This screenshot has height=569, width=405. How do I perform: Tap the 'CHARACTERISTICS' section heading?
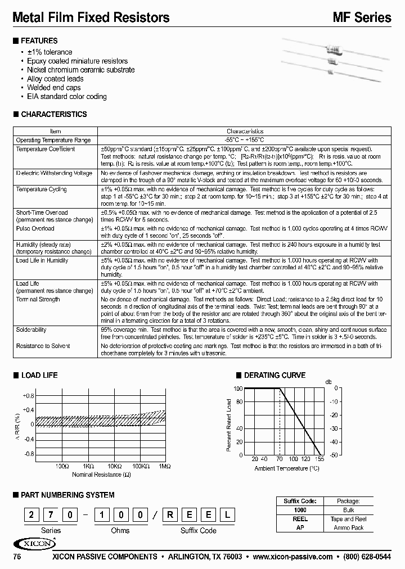[53, 114]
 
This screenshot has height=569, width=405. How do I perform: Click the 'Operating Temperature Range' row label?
[53, 140]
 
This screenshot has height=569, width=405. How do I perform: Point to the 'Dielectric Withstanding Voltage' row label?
[54, 173]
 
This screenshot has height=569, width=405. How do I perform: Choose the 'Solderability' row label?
[31, 330]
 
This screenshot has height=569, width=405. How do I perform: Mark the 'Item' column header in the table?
[56, 130]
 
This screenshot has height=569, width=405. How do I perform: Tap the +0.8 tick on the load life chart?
[28, 395]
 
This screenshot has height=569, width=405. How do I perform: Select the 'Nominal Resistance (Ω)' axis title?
[102, 475]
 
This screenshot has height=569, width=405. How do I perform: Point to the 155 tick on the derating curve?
[320, 459]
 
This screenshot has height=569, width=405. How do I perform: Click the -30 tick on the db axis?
[335, 428]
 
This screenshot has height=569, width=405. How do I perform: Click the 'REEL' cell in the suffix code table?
[300, 520]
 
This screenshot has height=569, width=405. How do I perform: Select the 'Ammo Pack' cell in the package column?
[349, 527]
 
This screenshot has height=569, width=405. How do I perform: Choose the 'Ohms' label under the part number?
[120, 530]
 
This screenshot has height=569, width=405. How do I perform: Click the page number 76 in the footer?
[17, 557]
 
